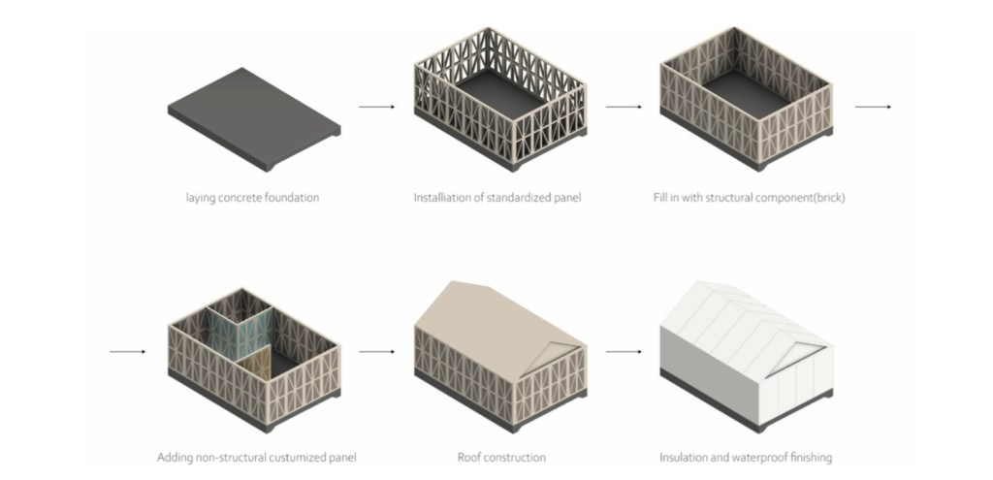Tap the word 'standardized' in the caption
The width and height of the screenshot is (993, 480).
pos(514,199)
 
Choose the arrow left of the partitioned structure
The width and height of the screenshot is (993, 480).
pos(128,351)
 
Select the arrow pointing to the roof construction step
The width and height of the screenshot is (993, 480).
pos(377,351)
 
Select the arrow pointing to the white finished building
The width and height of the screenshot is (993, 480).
pos(625,351)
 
